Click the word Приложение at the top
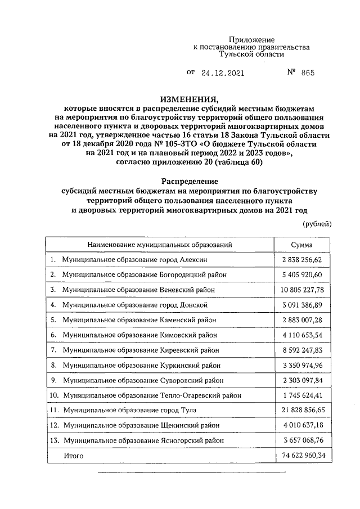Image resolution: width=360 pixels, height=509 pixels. (251, 40)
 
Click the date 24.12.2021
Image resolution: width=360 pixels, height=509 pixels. (217, 73)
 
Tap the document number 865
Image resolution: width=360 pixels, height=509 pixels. (308, 73)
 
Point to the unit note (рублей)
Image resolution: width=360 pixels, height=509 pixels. (317, 224)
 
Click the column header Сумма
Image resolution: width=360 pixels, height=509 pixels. (301, 245)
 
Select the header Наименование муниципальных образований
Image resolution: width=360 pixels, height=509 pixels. (159, 245)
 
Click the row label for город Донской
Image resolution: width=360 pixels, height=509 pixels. (136, 305)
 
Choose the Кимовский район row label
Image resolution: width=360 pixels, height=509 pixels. (140, 335)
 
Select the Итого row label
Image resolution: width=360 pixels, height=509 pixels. (73, 456)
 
